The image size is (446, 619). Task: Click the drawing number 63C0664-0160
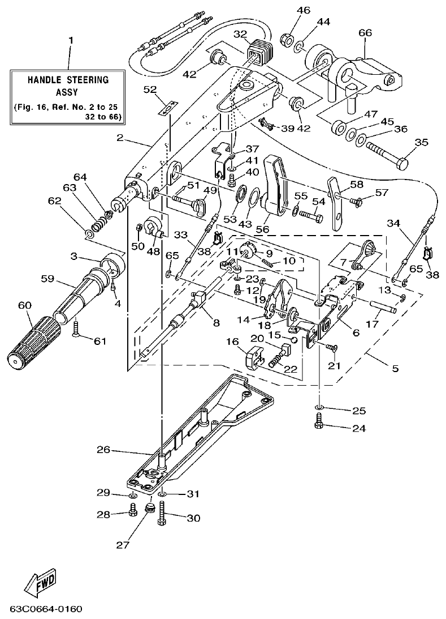46,609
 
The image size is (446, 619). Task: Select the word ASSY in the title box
68,91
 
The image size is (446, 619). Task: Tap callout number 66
365,33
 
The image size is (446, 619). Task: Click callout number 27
123,545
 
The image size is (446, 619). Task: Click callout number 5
395,369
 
